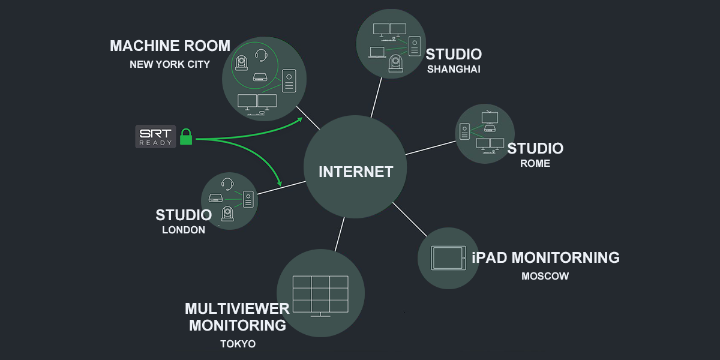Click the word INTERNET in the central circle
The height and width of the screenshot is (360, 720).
point(356,172)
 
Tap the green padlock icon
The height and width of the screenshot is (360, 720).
point(186,136)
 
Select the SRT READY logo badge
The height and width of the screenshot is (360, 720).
point(155,136)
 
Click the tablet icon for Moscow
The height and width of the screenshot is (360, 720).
point(448,258)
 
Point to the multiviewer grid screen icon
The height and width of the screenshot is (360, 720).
point(320,294)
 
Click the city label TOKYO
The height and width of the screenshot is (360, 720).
point(238,344)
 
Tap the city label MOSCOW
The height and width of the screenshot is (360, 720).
point(545,277)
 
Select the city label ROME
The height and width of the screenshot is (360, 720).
point(535,163)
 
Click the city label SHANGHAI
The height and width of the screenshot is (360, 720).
point(454,69)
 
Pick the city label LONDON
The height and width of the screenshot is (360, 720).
point(184,230)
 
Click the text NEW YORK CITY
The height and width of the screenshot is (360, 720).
point(170,64)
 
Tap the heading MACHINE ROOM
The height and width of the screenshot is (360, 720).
point(170,46)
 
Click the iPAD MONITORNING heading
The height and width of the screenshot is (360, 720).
point(545,257)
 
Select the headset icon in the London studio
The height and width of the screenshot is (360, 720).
point(227,183)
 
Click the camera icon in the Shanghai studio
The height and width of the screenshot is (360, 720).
point(395,62)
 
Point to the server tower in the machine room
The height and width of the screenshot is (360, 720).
point(289,81)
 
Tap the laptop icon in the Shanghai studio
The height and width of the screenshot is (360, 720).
point(377,53)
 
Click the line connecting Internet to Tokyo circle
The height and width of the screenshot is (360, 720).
point(340,233)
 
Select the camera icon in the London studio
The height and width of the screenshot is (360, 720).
point(227,212)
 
